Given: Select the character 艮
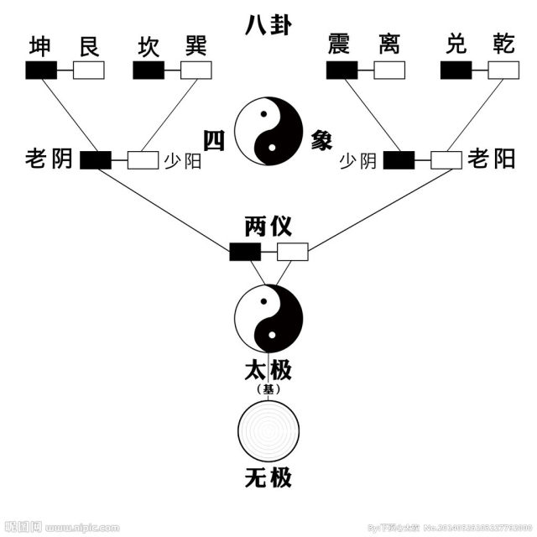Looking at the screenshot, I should click(x=88, y=47).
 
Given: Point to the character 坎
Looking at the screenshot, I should click(x=149, y=47).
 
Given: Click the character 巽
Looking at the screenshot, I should click(x=196, y=47).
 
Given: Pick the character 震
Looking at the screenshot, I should click(x=341, y=47).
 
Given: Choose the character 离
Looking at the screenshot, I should click(x=388, y=47).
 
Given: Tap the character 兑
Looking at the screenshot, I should click(x=456, y=47).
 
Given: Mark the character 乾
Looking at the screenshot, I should click(x=503, y=47).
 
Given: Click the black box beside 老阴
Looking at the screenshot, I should click(x=96, y=159).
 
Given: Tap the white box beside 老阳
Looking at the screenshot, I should click(x=446, y=159).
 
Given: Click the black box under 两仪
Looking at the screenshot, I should click(x=245, y=251).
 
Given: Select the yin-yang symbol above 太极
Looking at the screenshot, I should click(x=268, y=317).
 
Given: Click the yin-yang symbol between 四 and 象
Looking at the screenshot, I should click(x=268, y=132).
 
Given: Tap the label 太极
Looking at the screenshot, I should click(x=268, y=369).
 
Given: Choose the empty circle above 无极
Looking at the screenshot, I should click(x=268, y=429).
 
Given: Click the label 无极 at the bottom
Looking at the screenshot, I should click(x=268, y=479).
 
